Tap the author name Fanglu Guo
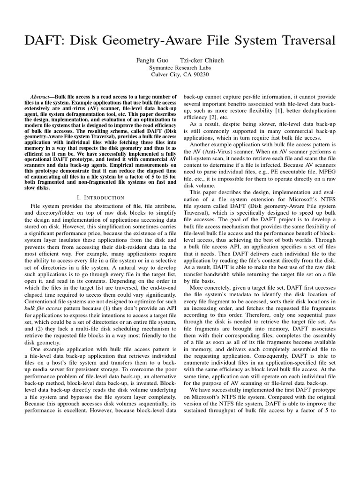pos(152,60)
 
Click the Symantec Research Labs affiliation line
pos(180,67)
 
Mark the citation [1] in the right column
pos(286,110)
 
